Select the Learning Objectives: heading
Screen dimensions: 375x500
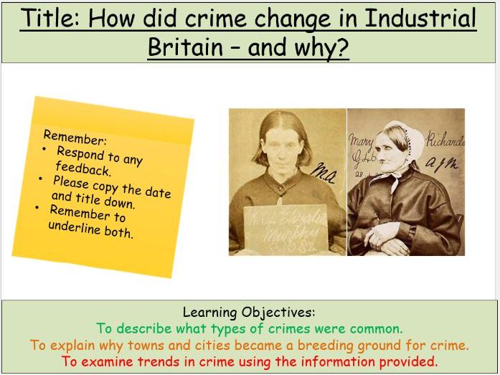(x=249, y=313)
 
